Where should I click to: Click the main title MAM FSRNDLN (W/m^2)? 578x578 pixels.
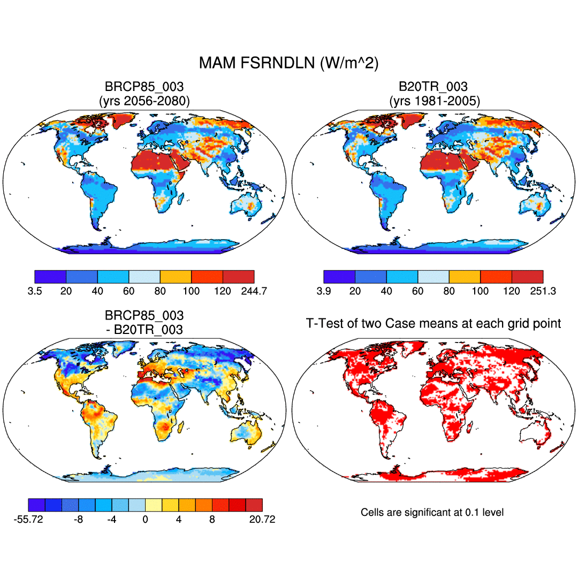coord(288,63)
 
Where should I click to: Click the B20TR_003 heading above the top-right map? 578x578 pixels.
coord(433,87)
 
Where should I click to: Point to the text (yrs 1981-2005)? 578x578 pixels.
coord(433,100)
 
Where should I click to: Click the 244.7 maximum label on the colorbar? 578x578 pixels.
coord(254,291)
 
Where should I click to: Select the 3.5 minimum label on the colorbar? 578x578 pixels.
coord(34,291)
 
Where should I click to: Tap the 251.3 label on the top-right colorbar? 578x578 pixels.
coord(543,291)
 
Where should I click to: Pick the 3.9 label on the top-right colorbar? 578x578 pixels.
coord(323,291)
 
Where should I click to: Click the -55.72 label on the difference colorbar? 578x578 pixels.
coord(28,520)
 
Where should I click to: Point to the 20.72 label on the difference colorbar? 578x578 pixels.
coord(262,520)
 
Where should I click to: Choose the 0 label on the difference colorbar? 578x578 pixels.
coord(145,520)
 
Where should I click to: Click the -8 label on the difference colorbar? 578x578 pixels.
coord(78,520)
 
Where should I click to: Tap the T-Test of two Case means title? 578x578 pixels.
coord(433,323)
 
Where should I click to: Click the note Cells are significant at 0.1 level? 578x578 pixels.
coord(432,513)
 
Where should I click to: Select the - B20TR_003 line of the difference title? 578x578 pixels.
coord(144,330)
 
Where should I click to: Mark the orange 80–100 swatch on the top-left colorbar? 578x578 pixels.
coord(176,277)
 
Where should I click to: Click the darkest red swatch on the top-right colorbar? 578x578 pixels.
coord(527,277)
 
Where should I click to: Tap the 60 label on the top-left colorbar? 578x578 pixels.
coord(128,291)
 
